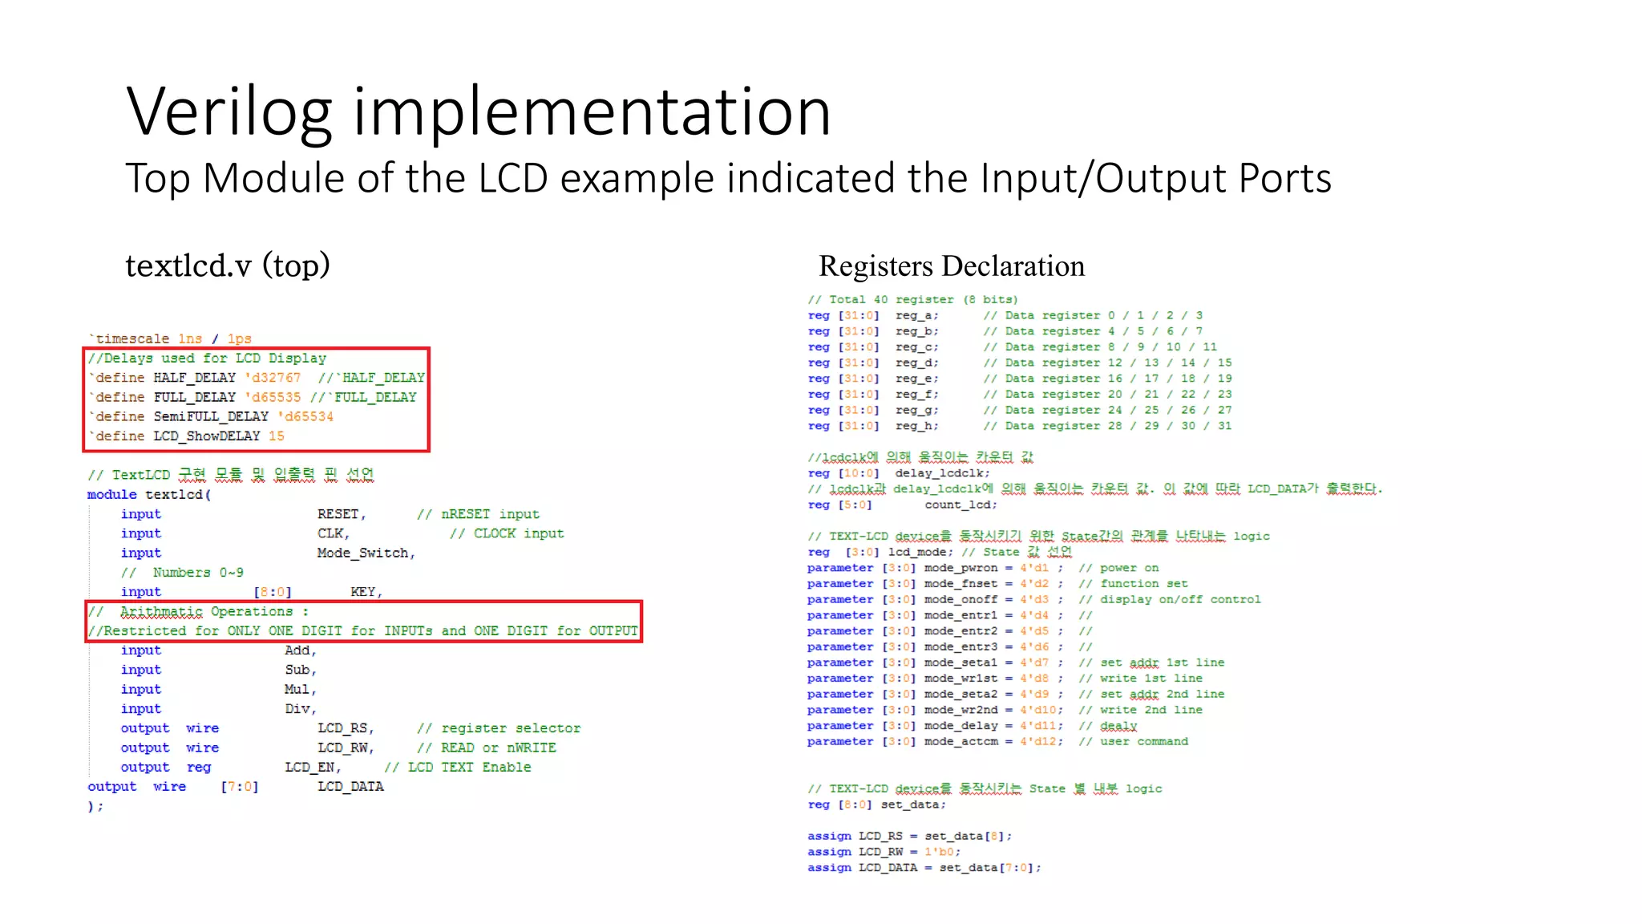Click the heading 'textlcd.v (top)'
click(x=228, y=265)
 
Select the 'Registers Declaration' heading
click(x=952, y=266)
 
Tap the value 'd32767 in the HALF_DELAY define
click(x=273, y=378)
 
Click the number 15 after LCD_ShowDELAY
click(x=276, y=436)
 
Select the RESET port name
click(x=340, y=514)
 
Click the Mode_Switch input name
click(x=365, y=553)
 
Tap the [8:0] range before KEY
click(x=273, y=592)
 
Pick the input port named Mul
click(x=300, y=690)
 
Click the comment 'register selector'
click(x=511, y=728)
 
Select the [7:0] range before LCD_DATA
click(x=240, y=787)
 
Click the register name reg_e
click(x=916, y=379)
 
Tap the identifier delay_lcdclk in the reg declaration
click(x=941, y=473)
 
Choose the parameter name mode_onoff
click(x=961, y=599)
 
